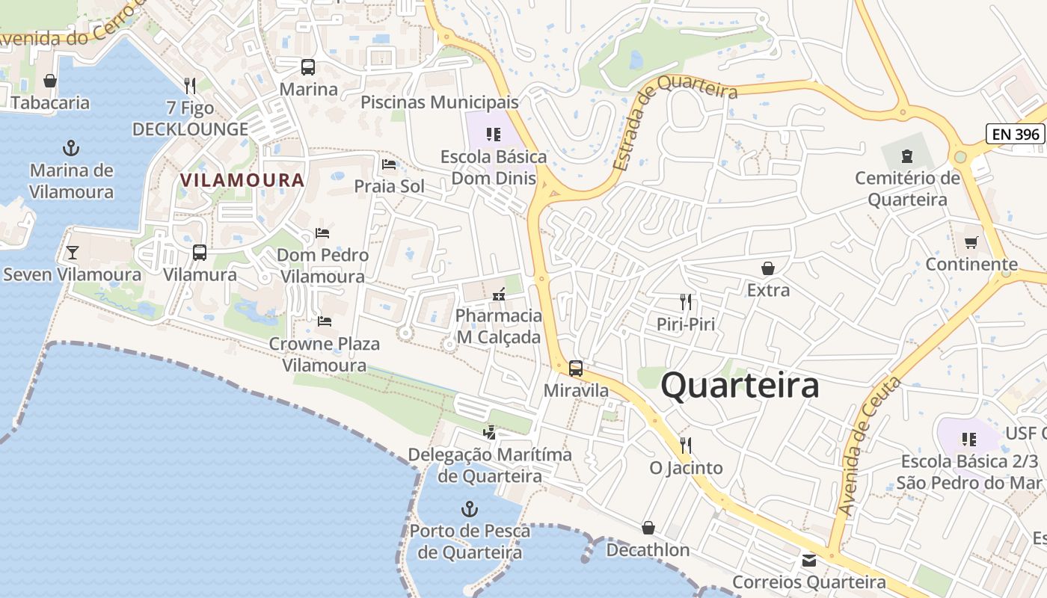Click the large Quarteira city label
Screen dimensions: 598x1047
point(740,386)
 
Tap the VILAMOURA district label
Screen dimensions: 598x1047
point(242,180)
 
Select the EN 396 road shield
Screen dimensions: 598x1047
point(1015,134)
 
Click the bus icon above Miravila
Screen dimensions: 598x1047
point(575,368)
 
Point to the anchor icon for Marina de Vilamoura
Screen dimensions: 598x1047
point(71,147)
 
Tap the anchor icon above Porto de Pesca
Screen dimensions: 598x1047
point(469,510)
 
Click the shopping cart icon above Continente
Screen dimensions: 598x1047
point(971,242)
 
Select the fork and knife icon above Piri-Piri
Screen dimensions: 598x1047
point(686,302)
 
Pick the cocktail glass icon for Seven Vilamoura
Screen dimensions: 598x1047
point(72,252)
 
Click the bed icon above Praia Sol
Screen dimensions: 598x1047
point(389,164)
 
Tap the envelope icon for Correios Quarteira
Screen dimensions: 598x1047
point(808,560)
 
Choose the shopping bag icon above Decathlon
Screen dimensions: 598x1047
point(648,528)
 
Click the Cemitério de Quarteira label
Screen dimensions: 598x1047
point(907,189)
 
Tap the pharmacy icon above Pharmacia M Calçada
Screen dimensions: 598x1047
point(498,295)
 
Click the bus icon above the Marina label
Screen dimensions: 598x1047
point(308,67)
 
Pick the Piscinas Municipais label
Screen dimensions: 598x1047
point(439,102)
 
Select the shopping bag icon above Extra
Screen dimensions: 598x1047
point(767,268)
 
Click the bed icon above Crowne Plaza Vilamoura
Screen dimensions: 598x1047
point(324,321)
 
